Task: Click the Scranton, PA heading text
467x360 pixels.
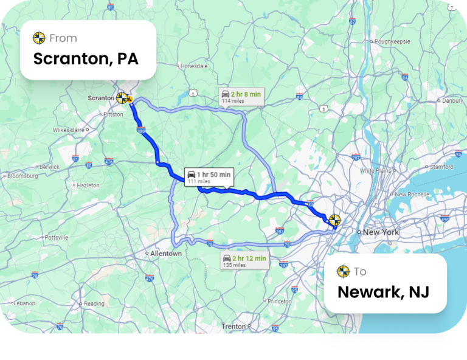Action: (86, 59)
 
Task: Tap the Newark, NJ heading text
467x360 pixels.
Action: (383, 292)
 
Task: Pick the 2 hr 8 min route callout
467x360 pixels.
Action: (241, 97)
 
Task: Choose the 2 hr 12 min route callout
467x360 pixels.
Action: (244, 261)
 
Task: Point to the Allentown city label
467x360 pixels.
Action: (166, 254)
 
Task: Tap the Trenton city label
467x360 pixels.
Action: (233, 327)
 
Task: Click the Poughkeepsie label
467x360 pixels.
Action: (393, 41)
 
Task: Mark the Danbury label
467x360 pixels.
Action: (452, 100)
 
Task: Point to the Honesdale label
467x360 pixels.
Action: (194, 66)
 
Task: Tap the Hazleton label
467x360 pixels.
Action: (88, 185)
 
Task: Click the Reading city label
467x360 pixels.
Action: (94, 303)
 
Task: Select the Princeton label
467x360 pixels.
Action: (280, 301)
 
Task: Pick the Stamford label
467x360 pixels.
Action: (442, 167)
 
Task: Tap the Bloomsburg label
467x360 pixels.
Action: (22, 176)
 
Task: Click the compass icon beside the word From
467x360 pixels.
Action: (40, 38)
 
